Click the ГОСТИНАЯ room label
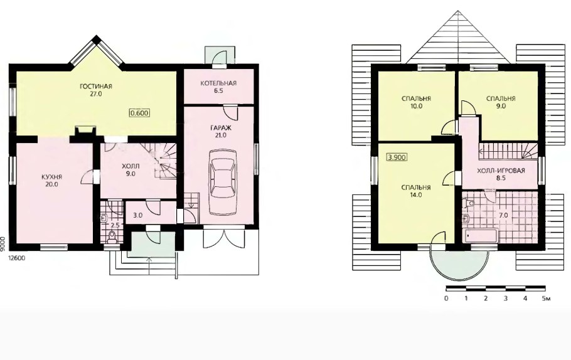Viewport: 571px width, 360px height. click(96, 87)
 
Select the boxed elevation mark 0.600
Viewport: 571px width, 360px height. click(140, 113)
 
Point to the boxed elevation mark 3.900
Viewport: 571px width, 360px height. click(397, 157)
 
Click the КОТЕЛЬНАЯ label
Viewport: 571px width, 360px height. click(218, 83)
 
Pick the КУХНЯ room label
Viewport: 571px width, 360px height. click(51, 177)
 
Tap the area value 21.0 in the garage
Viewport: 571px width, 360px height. click(221, 135)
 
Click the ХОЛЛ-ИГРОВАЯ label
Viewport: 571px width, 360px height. click(501, 171)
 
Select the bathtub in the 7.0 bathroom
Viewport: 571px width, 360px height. click(480, 236)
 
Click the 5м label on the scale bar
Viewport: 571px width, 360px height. click(547, 299)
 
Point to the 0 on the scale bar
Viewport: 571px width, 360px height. click(447, 299)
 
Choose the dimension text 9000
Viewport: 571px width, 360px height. click(3, 243)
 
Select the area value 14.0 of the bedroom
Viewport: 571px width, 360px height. click(416, 195)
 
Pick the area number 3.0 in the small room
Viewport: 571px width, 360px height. click(137, 215)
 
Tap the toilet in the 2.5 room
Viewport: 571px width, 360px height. click(112, 236)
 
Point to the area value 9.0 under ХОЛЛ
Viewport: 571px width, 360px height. click(131, 174)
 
